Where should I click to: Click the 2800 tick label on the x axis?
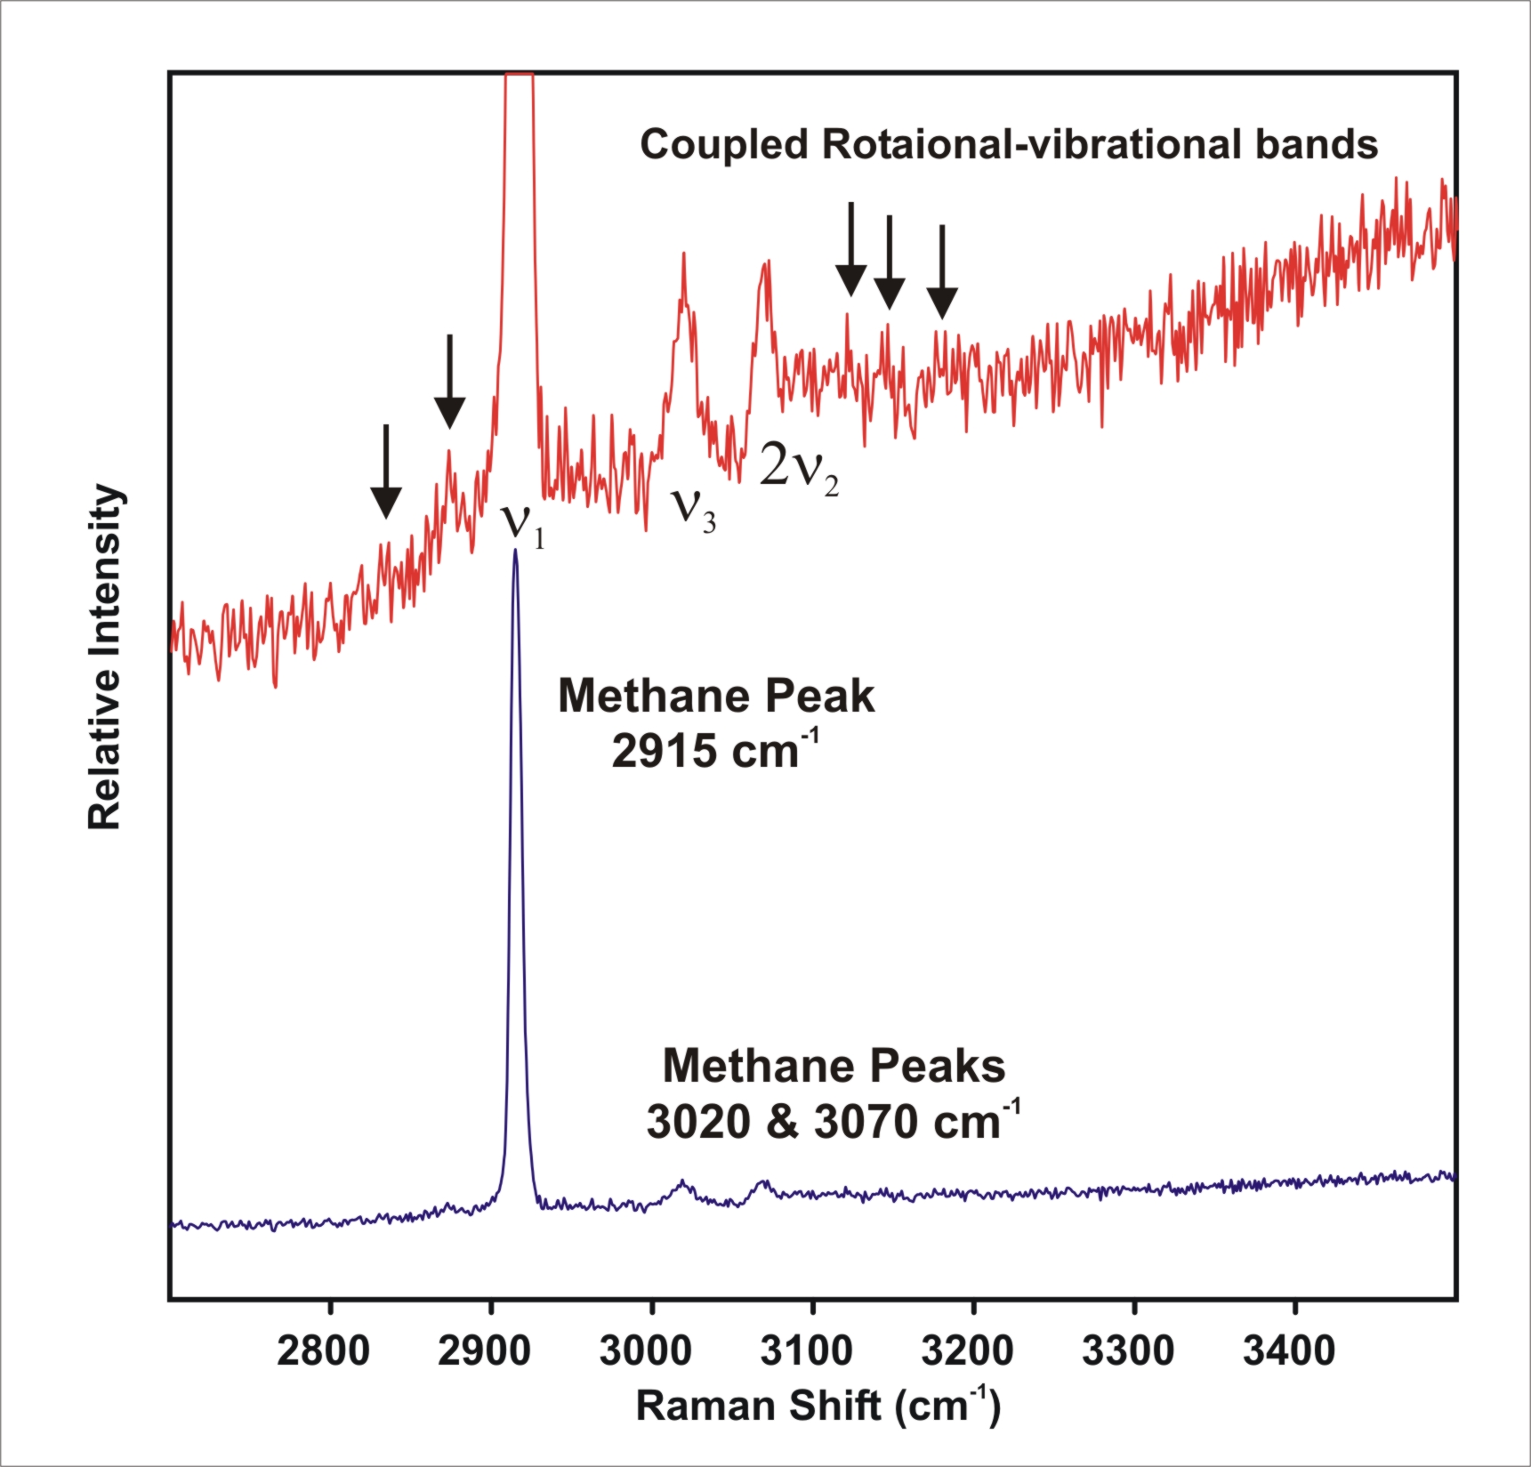pos(324,1351)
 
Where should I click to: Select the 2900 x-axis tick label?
pos(485,1351)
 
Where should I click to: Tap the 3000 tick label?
pos(646,1351)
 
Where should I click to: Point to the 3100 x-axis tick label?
pos(807,1351)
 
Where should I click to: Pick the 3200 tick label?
pos(968,1351)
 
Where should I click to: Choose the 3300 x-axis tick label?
pos(1129,1351)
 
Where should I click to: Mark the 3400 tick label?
pos(1290,1351)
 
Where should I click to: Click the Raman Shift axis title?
pos(818,1407)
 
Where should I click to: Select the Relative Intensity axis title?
pos(105,657)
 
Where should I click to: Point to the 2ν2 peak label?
pos(799,467)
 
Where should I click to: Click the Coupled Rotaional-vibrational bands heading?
pos(1009,144)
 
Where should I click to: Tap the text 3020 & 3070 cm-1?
pos(834,1120)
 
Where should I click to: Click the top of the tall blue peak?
pos(515,551)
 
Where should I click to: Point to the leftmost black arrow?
pos(385,472)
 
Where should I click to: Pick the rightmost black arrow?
pos(942,272)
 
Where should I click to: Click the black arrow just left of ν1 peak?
pos(449,382)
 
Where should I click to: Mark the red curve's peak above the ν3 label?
pos(683,254)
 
